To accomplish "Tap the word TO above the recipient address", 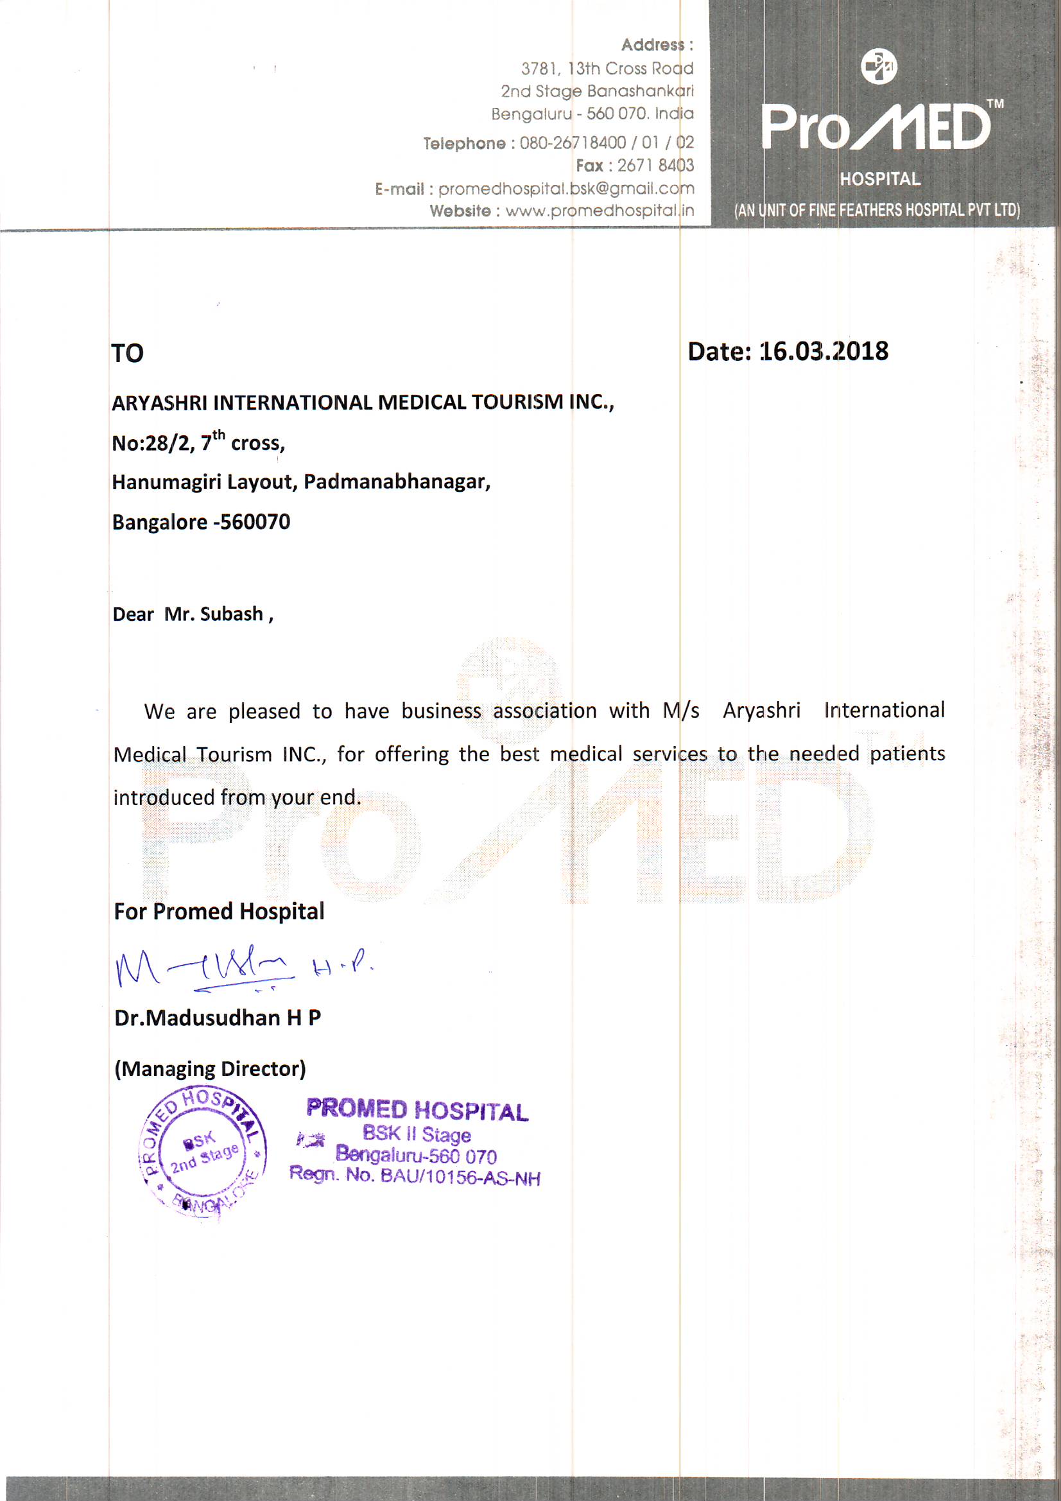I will (128, 354).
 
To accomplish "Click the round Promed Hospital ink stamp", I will (203, 1154).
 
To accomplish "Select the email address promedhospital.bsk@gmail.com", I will (566, 189).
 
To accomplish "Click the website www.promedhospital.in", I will (600, 211).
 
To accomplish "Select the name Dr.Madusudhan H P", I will (218, 1018).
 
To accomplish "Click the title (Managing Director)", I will (210, 1069).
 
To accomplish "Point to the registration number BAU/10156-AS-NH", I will (460, 1177).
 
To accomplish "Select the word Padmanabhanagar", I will (396, 482).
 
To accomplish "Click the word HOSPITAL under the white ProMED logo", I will (880, 179).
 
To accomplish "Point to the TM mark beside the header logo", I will (995, 103).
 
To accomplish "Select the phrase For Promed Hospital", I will (219, 912).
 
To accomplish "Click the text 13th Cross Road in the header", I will (630, 69).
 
